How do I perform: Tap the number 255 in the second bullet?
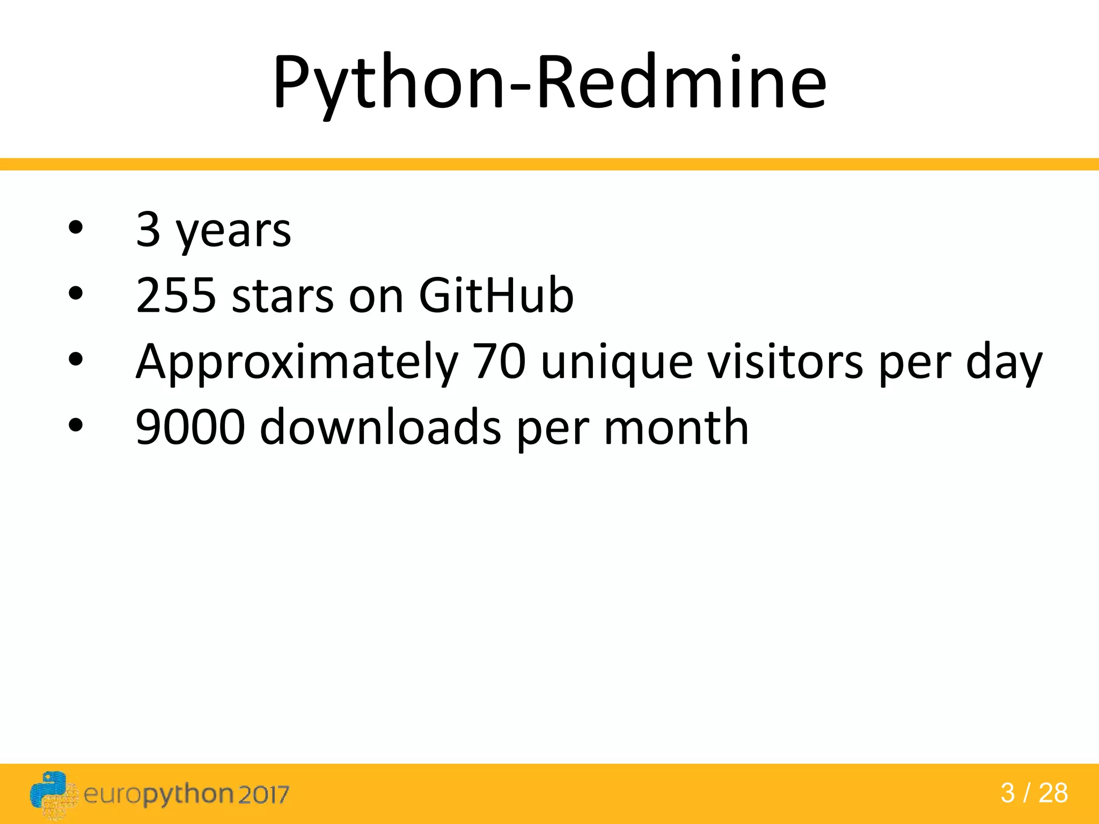[x=175, y=296]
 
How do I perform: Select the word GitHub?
[x=496, y=296]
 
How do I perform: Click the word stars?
[x=283, y=297]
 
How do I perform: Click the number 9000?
[x=191, y=428]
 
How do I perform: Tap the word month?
[x=676, y=428]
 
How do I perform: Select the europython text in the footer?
[x=158, y=794]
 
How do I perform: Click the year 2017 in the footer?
[x=263, y=794]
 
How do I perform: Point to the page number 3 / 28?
[x=1034, y=793]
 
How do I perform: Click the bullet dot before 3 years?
[x=76, y=228]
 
